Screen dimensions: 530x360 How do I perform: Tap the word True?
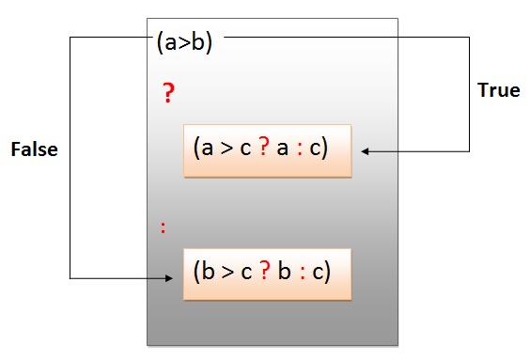[x=499, y=91]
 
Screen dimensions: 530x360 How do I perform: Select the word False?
[x=34, y=149]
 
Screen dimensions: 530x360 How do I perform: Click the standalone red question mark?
[x=169, y=92]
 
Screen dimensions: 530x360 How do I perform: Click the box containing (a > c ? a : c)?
[x=267, y=150]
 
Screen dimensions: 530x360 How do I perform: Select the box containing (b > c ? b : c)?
[x=267, y=274]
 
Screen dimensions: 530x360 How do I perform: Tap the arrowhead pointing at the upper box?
[x=364, y=150]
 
